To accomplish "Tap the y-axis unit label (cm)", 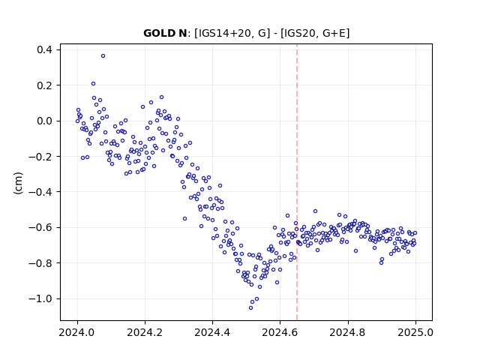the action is point(18,183).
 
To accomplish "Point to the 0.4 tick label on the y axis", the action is point(44,49).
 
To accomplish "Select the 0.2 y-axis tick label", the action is point(44,85).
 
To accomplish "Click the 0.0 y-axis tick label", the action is point(44,121).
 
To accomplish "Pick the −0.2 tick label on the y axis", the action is point(40,157).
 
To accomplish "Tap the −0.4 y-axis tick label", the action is point(40,192).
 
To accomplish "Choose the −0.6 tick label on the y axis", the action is point(40,227).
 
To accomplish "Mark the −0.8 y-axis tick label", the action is point(40,263).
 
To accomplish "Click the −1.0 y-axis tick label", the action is point(40,298).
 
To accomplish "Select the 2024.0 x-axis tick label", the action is point(77,332).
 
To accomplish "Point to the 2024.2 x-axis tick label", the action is point(145,332).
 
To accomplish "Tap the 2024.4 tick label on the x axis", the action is point(212,332).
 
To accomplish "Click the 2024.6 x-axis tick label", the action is point(280,332).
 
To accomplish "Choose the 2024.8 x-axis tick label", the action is point(348,332).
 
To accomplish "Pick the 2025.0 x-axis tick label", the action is point(415,332).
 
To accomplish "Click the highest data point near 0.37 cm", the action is point(103,56).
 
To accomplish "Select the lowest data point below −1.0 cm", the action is point(250,308).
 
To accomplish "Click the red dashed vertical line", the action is point(297,182).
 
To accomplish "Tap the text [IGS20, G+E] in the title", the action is point(315,33).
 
